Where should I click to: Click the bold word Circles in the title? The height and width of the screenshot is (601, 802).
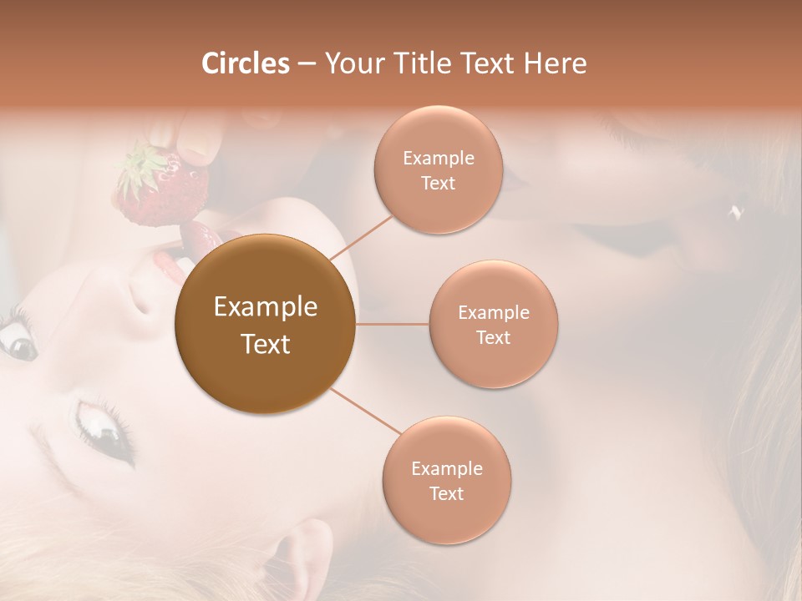[246, 63]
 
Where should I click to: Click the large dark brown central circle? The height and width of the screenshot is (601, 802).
[266, 324]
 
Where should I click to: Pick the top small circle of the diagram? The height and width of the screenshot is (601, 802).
[438, 169]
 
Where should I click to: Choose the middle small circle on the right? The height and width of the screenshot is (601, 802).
[493, 324]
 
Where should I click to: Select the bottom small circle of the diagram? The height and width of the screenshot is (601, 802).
[446, 480]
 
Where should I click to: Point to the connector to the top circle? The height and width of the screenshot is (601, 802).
[361, 235]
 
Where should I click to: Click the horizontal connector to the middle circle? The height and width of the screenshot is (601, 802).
[393, 324]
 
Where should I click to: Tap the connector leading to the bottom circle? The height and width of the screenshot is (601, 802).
[364, 412]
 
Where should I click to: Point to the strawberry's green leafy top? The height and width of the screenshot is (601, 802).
[137, 164]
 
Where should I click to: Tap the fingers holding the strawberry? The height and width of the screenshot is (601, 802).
[188, 138]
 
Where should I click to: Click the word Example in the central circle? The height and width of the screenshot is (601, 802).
[266, 307]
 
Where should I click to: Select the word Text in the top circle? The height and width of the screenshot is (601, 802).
[438, 183]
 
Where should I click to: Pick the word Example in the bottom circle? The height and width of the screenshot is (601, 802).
[446, 468]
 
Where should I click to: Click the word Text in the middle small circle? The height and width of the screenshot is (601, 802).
[493, 337]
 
